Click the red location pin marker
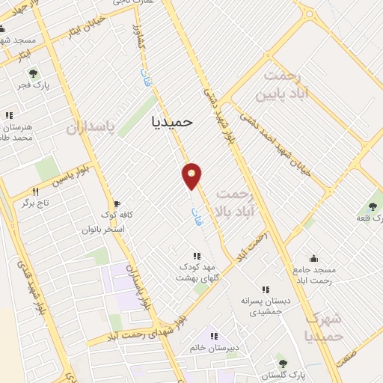(x=192, y=176)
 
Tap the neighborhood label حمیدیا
(x=172, y=120)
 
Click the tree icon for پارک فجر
(x=32, y=73)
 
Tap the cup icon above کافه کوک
(x=116, y=203)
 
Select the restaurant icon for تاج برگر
(x=35, y=192)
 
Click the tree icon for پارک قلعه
(x=372, y=207)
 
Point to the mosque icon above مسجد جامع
(x=313, y=258)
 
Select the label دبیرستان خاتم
(x=215, y=348)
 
